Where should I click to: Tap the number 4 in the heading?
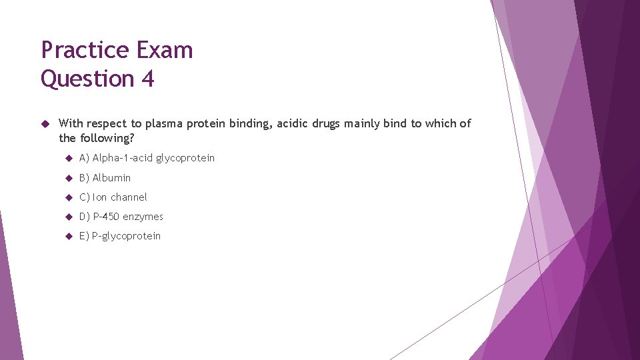[147, 79]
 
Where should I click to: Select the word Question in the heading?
[87, 79]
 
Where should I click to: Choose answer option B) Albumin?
[105, 178]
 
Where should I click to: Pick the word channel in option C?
[129, 197]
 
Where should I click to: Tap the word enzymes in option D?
[143, 217]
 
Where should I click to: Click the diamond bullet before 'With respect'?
[45, 123]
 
